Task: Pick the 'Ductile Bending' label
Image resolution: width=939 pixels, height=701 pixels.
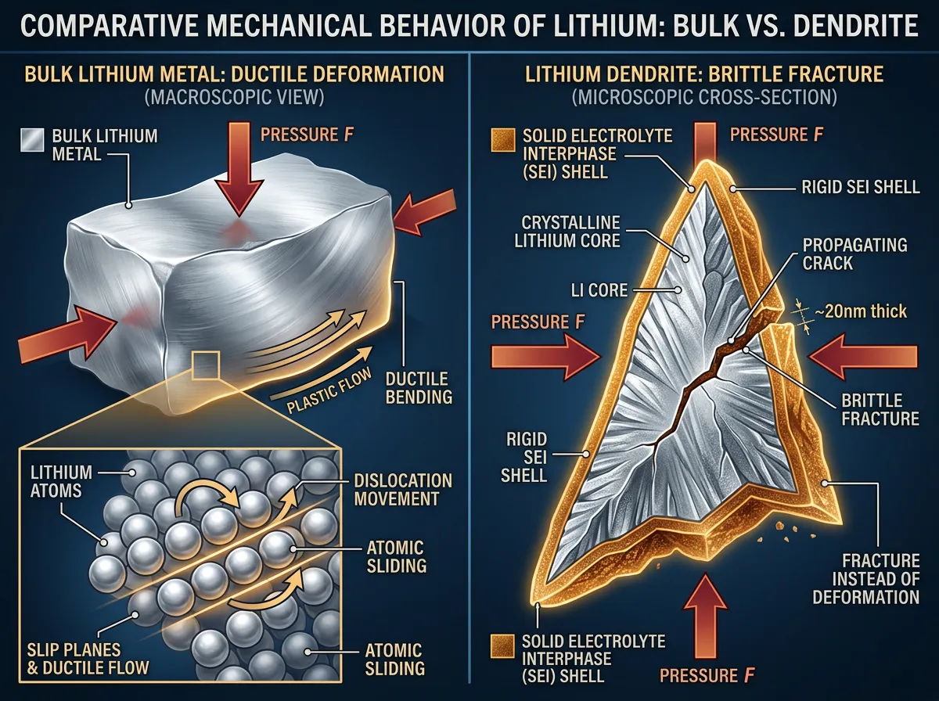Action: (419, 387)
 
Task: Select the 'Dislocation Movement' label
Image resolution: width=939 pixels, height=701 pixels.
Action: (402, 490)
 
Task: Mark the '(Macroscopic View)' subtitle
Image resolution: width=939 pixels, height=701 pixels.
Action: (234, 98)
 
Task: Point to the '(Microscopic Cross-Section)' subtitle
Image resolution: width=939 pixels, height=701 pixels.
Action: (704, 98)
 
